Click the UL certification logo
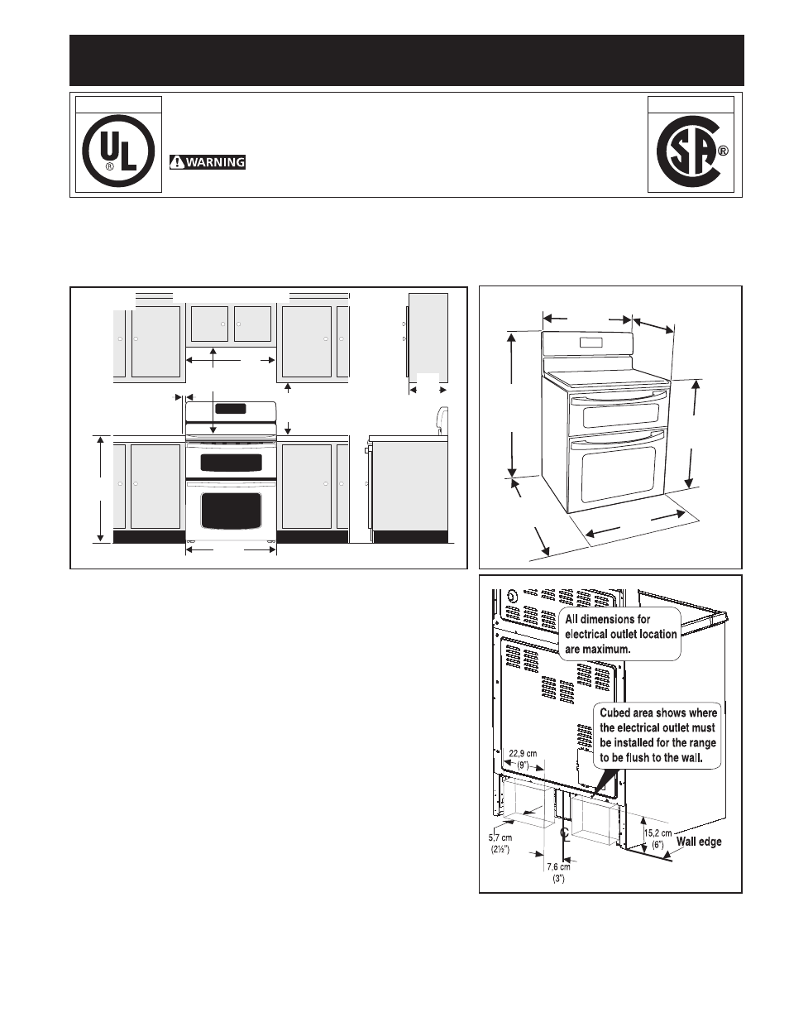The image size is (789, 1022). click(118, 152)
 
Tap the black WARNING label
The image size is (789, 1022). click(208, 162)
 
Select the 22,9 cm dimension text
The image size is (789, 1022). click(523, 753)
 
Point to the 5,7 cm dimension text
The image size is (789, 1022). click(500, 837)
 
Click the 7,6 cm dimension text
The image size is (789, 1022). click(558, 866)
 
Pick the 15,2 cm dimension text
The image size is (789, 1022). click(657, 833)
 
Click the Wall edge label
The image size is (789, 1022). click(699, 842)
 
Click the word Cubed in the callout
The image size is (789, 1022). click(614, 713)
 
